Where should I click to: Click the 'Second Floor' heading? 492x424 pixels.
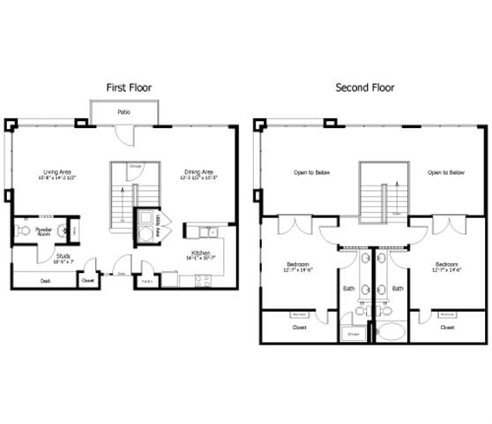pyautogui.click(x=365, y=87)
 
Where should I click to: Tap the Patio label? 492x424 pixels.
pyautogui.click(x=124, y=113)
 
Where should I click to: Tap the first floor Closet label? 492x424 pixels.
pyautogui.click(x=88, y=282)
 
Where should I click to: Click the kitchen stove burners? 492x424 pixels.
pyautogui.click(x=202, y=282)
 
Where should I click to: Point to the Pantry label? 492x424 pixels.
pyautogui.click(x=147, y=282)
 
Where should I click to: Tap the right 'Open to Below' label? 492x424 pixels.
pyautogui.click(x=446, y=173)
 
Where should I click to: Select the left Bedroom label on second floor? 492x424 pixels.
pyautogui.click(x=297, y=267)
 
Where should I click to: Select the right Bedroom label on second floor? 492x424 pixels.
pyautogui.click(x=446, y=267)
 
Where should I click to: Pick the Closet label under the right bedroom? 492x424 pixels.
pyautogui.click(x=447, y=327)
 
